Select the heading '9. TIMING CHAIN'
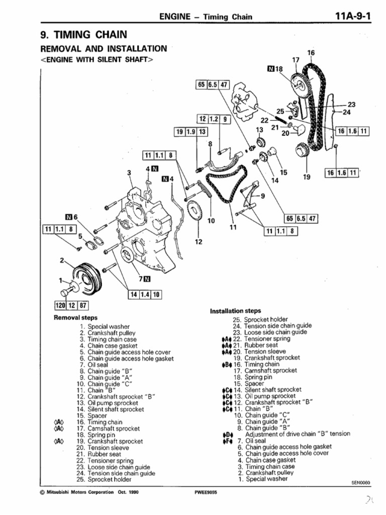pyautogui.click(x=83, y=35)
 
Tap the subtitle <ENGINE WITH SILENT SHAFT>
pyautogui.click(x=95, y=59)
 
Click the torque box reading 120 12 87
pyautogui.click(x=71, y=305)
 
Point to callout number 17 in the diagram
pyautogui.click(x=296, y=60)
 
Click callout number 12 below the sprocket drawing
pyautogui.click(x=198, y=242)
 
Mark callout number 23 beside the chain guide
pyautogui.click(x=351, y=105)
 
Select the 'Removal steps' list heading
pyautogui.click(x=75, y=318)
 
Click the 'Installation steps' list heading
pyautogui.click(x=235, y=311)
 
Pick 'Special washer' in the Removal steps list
pyautogui.click(x=102, y=326)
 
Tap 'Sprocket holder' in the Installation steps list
pyautogui.click(x=266, y=319)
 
